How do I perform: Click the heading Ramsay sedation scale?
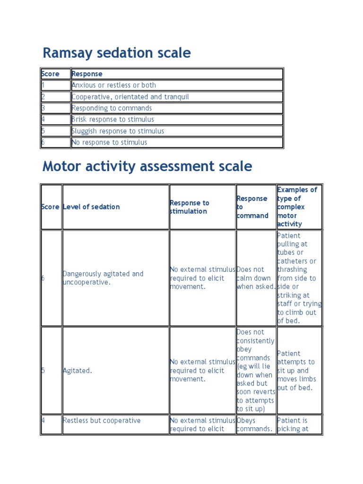coord(117,53)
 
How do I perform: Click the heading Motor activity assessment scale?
coord(147,166)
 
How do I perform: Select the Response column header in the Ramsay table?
coord(87,74)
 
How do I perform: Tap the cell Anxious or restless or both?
coord(114,85)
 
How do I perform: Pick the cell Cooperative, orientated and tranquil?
coord(130,97)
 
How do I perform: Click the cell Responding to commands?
coord(112,108)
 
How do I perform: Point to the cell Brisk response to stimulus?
coord(113,120)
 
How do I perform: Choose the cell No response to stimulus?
coord(110,142)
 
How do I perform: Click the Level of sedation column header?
coord(91,207)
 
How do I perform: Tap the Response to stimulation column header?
coord(189,207)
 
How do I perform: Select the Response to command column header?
coord(252,207)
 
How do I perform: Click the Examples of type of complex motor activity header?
coord(297,207)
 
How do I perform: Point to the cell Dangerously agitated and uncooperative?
coord(103,278)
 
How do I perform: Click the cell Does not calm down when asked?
coord(256,278)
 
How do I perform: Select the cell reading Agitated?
coord(78,371)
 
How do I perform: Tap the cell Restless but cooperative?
coord(102,421)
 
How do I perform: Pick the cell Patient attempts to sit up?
coord(297,371)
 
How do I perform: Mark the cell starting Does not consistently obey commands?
coord(256,371)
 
